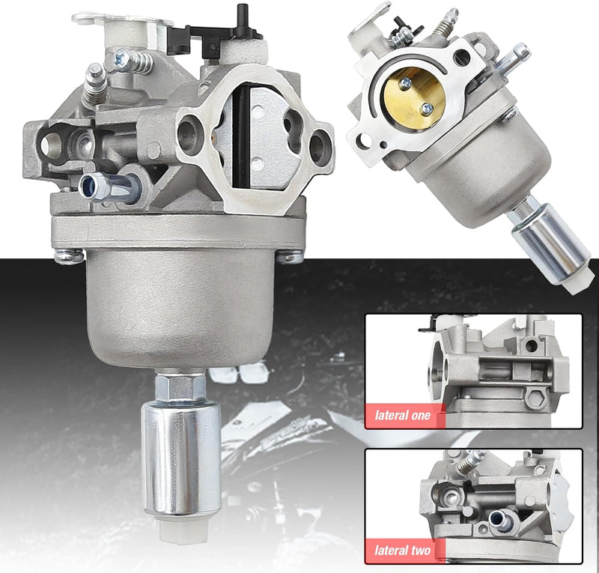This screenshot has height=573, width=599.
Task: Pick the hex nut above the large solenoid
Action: pyautogui.click(x=180, y=386)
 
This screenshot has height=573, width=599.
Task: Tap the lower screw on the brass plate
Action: pyautogui.click(x=427, y=109)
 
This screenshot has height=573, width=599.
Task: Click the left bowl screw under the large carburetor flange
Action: pyautogui.click(x=69, y=255)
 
